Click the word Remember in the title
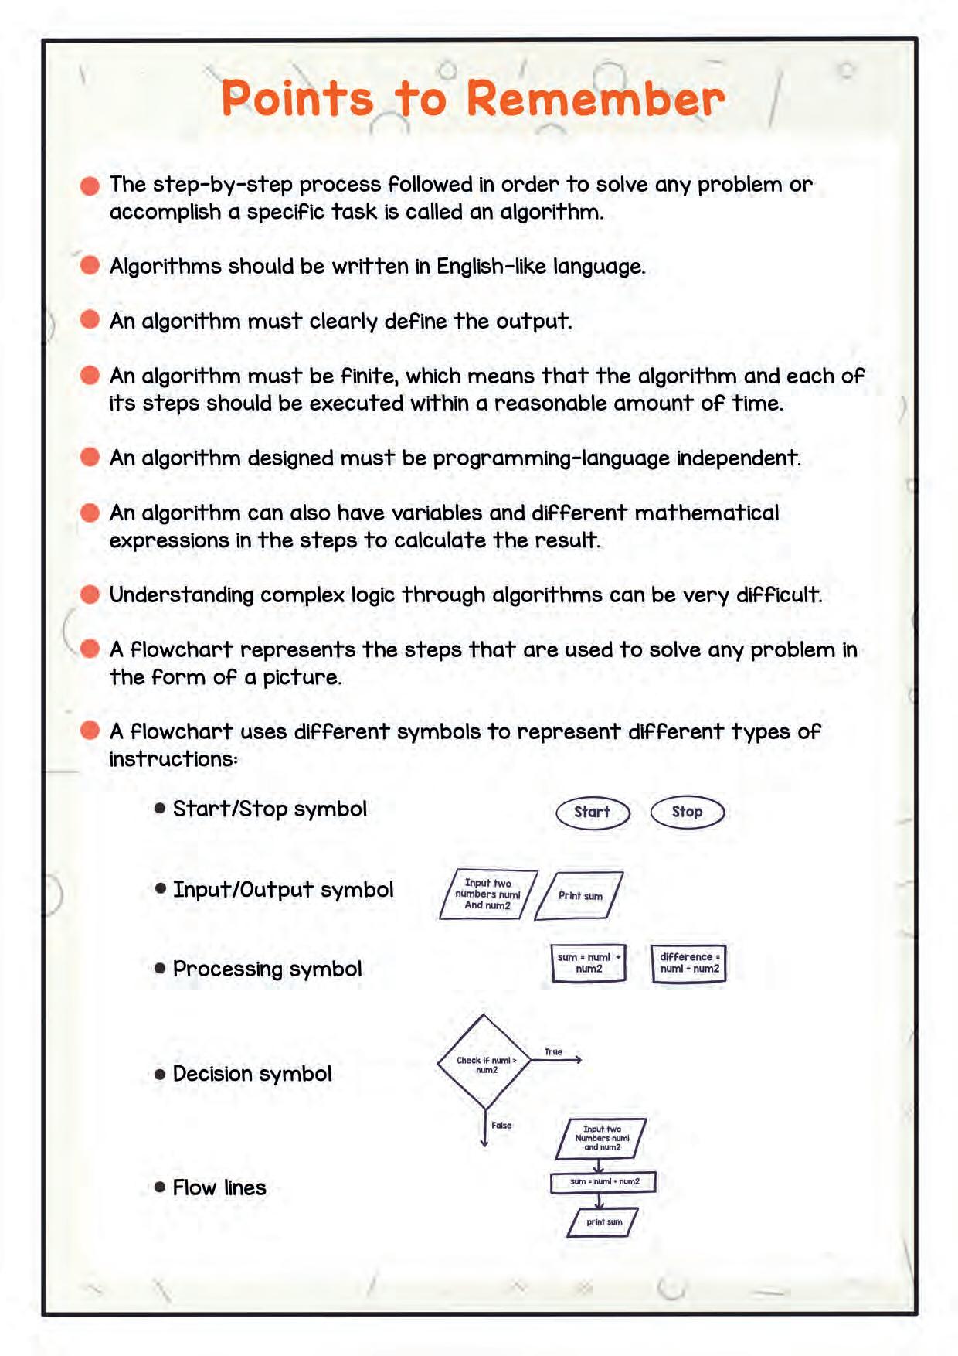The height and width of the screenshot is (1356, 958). (x=595, y=99)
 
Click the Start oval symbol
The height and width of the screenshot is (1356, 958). (x=593, y=812)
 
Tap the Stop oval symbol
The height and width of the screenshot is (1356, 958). (x=687, y=812)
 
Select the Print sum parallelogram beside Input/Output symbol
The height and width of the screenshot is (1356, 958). (x=579, y=895)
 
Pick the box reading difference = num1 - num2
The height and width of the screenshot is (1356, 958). (x=688, y=963)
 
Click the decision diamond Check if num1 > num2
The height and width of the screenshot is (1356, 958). (x=484, y=1063)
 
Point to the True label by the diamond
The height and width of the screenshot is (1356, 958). (x=553, y=1051)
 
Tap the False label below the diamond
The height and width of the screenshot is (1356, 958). (x=501, y=1125)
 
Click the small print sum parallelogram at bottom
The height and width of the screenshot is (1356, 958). (x=603, y=1221)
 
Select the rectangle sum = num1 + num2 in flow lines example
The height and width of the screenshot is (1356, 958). (x=603, y=1182)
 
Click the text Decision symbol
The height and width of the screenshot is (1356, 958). (x=252, y=1074)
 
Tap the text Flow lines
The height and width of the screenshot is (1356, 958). (x=219, y=1187)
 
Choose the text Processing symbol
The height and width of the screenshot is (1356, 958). (x=267, y=969)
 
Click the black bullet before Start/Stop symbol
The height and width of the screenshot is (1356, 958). (x=160, y=809)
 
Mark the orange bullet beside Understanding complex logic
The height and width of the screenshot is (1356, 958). (x=90, y=595)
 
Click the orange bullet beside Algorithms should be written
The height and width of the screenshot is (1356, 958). (x=90, y=266)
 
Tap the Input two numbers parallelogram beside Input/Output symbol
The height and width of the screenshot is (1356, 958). (x=487, y=894)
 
